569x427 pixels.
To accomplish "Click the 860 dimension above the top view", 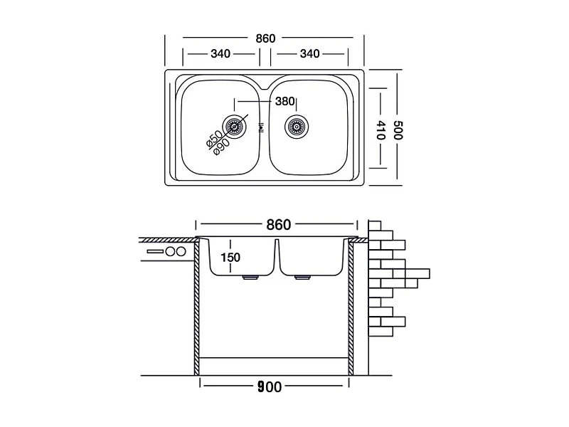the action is coord(265,38).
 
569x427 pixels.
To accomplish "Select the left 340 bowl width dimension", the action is coord(220,54).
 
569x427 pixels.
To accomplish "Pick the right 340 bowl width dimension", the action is coord(309,54).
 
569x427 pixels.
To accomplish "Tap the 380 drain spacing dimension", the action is coord(284,101).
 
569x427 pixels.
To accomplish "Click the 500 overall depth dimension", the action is coord(398,130).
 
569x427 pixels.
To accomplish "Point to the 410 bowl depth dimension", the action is coord(380,130).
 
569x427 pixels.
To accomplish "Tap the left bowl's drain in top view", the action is coord(235,127).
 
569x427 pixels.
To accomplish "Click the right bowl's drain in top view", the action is coord(296,127).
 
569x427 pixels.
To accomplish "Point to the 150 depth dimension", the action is coord(230,258).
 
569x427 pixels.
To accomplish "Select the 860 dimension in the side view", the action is coord(278,225).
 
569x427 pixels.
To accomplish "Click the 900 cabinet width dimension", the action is coord(270,386).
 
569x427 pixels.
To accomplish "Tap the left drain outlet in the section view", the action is coord(250,278).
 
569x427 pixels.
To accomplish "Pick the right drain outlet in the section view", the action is coord(303,278).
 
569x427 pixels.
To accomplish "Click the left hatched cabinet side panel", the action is coord(197,307).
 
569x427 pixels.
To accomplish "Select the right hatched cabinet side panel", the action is coord(351,307).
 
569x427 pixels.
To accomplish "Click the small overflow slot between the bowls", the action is coord(260,127).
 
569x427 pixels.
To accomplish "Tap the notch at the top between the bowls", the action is coord(265,86).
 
